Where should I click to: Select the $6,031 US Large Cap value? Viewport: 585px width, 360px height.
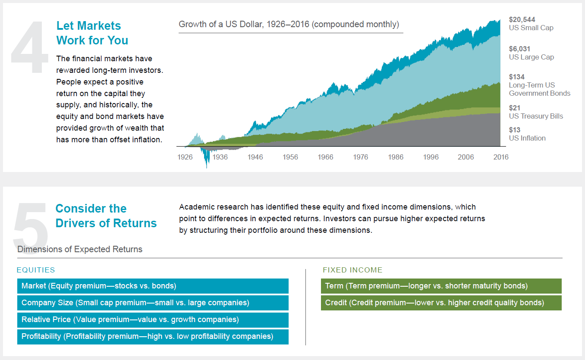(x=519, y=49)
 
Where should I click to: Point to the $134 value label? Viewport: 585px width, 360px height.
(x=517, y=77)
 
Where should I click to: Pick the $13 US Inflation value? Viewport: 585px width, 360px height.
(x=515, y=130)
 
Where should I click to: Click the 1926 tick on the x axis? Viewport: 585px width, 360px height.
(x=185, y=157)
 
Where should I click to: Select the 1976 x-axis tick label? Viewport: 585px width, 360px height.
(x=361, y=157)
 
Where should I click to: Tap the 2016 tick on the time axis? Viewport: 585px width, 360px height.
(x=501, y=157)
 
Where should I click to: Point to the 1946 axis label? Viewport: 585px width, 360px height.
(x=255, y=157)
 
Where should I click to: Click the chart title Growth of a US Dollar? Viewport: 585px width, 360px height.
(x=289, y=24)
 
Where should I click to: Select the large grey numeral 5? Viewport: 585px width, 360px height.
(x=30, y=224)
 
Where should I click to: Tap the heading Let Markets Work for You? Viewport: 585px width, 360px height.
(x=92, y=33)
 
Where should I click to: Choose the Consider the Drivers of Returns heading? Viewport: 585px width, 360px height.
(x=106, y=216)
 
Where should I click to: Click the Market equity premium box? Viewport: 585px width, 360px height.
(x=153, y=286)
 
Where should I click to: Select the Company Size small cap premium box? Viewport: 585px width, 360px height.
(x=153, y=303)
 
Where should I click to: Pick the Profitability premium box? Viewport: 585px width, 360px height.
(x=153, y=336)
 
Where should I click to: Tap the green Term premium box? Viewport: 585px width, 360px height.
(x=441, y=286)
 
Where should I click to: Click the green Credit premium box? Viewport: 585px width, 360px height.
(x=441, y=303)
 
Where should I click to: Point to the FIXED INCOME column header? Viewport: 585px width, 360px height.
(x=352, y=270)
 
